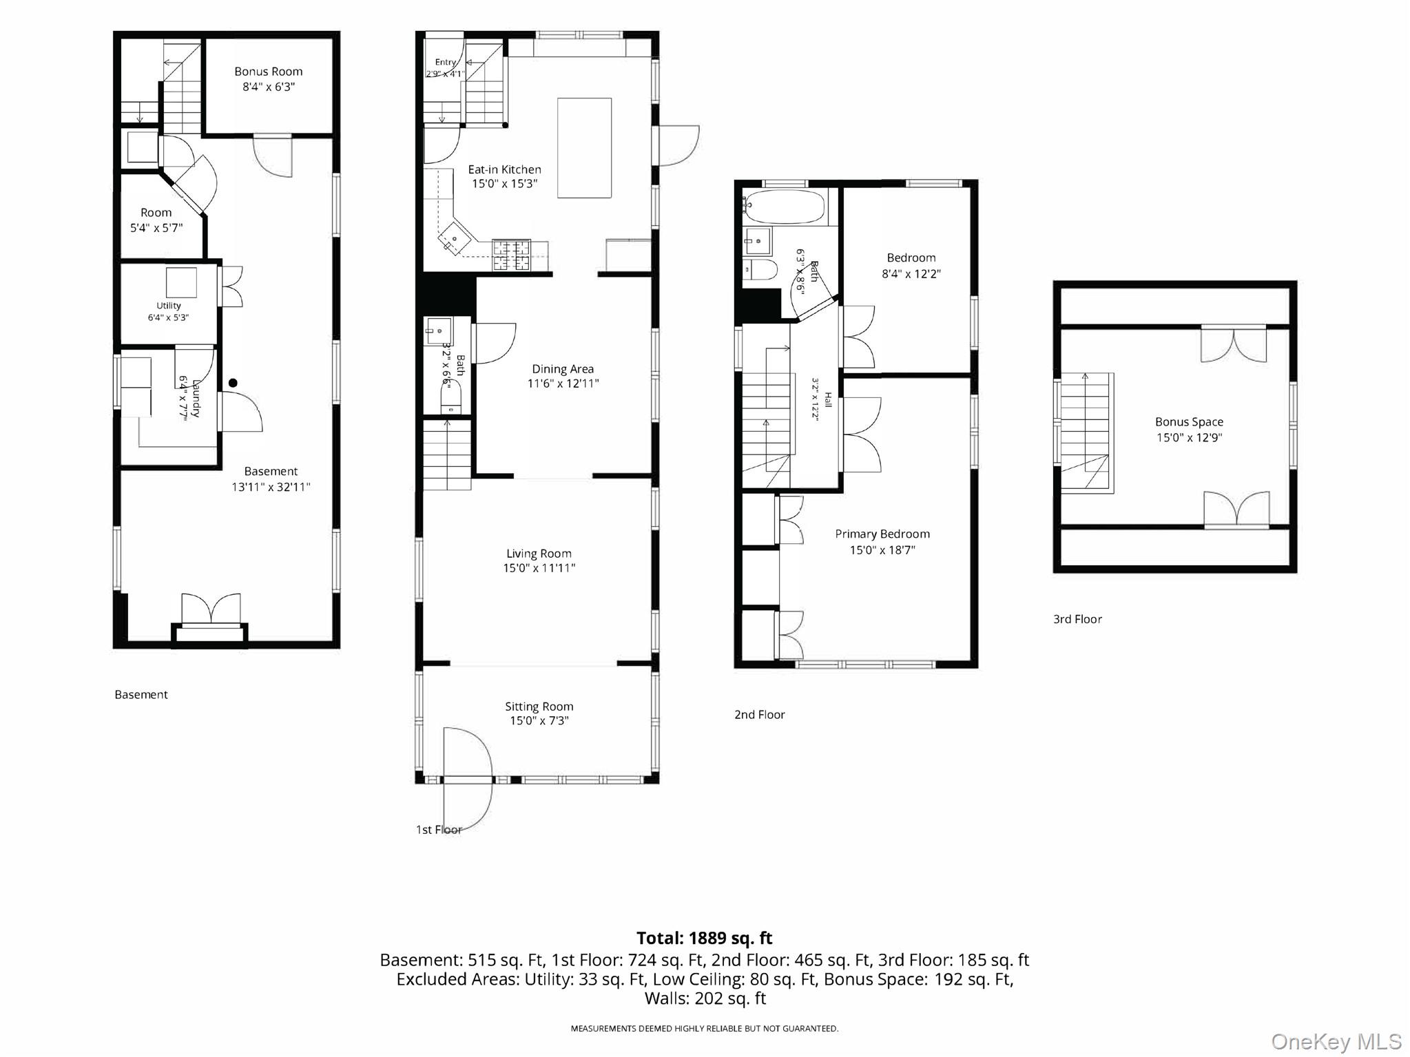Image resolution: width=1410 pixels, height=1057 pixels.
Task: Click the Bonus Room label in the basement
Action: (268, 72)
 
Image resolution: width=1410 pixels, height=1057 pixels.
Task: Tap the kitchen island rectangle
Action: (584, 148)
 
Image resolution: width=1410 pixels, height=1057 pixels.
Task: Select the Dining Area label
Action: (563, 369)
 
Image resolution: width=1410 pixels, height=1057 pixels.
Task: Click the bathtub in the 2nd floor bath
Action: (785, 207)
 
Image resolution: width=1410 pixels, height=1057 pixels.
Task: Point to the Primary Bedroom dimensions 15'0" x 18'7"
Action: (882, 550)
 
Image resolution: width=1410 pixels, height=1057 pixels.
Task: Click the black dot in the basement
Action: (233, 383)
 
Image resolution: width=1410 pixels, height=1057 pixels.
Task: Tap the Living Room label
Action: (539, 554)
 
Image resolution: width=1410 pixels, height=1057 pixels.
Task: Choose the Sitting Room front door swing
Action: (468, 779)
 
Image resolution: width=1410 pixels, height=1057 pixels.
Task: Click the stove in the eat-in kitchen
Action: (511, 255)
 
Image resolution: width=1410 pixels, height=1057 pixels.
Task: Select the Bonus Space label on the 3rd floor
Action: (1189, 422)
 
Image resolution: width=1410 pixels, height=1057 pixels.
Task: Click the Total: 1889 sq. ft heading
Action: (705, 938)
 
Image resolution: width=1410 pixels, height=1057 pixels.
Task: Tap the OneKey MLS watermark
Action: (1336, 1042)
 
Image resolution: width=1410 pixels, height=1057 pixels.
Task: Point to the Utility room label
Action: (169, 306)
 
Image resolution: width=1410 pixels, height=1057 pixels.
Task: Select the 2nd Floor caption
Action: (760, 715)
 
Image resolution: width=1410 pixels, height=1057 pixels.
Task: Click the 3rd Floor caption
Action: (1077, 619)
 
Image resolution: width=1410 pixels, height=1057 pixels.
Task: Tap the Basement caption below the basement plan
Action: (141, 695)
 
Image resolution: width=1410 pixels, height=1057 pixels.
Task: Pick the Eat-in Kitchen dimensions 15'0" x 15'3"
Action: (505, 184)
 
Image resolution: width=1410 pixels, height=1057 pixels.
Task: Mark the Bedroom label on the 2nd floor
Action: (911, 258)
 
